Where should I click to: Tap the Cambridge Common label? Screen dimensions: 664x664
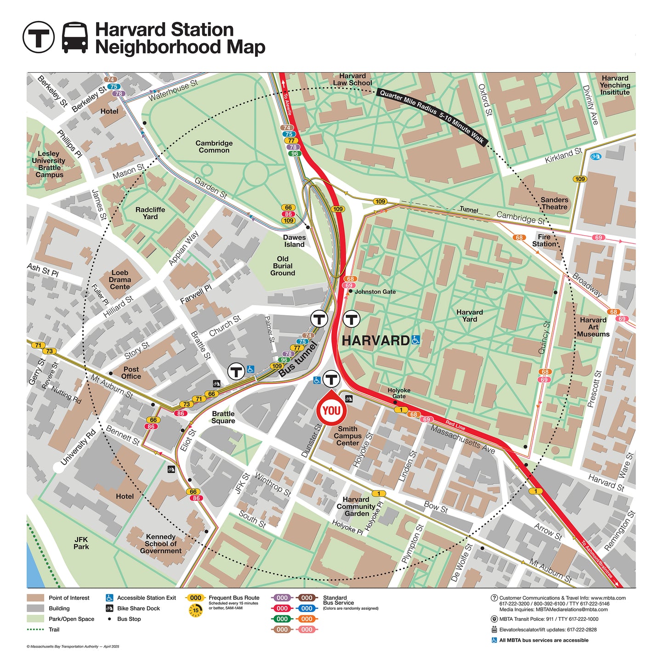[x=214, y=147]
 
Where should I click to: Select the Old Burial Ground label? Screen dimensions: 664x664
[x=283, y=266]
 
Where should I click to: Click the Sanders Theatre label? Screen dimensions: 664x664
[x=554, y=203]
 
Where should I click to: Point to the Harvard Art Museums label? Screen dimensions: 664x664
[x=593, y=327]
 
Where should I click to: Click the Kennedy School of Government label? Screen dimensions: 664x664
[x=160, y=544]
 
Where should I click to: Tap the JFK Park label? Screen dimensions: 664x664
[x=81, y=543]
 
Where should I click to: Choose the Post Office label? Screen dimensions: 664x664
[x=131, y=373]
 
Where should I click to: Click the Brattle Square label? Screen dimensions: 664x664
[x=223, y=417]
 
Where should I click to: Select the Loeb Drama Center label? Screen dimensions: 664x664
[x=119, y=279]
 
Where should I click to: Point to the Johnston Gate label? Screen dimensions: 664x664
[x=375, y=292]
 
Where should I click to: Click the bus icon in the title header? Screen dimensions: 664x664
[x=75, y=37]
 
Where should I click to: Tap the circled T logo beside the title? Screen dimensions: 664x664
[x=39, y=37]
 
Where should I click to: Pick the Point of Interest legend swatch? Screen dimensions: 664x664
[x=35, y=598]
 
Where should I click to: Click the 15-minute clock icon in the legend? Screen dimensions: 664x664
[x=195, y=610]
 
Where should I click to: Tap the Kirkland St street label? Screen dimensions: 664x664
[x=563, y=155]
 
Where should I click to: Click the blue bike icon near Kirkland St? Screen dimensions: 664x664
[x=596, y=157]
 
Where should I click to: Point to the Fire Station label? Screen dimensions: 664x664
[x=544, y=240]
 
